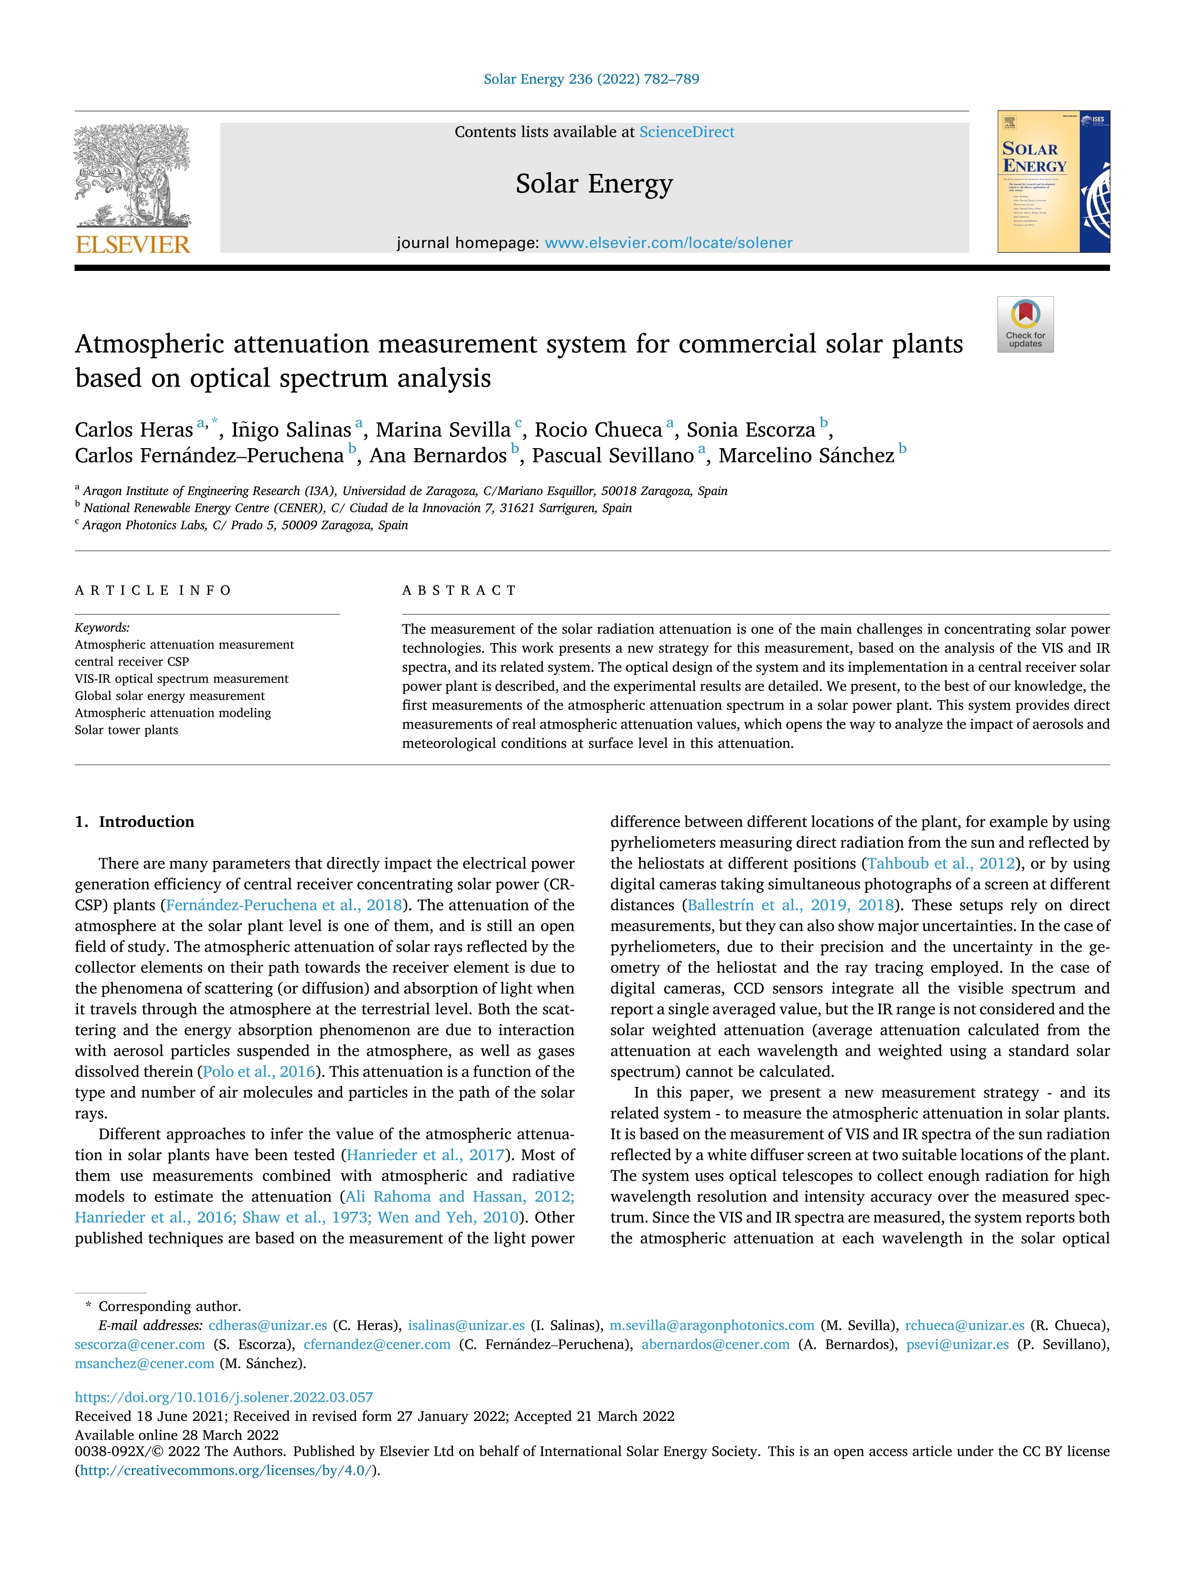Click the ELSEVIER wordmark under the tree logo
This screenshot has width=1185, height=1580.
pos(133,245)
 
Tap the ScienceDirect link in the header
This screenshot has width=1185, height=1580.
pos(687,132)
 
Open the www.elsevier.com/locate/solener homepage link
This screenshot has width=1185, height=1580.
pos(668,243)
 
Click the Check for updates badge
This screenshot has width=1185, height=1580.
pos(1025,324)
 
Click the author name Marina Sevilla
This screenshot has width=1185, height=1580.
pos(443,430)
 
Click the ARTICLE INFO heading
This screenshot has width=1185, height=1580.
pos(153,591)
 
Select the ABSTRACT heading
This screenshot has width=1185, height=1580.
pos(459,591)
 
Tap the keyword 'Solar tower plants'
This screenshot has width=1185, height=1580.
pos(127,730)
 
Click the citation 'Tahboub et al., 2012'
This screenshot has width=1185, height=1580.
pos(941,863)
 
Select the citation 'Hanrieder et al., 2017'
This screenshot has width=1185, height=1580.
pos(426,1155)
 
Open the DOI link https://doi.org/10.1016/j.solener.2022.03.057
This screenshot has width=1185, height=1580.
pos(224,1397)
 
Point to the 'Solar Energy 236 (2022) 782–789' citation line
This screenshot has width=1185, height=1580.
pos(592,79)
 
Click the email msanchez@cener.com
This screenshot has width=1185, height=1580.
pos(144,1364)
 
